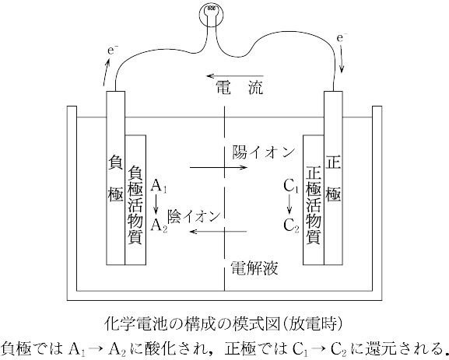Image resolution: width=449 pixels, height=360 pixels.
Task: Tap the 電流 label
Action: [239, 87]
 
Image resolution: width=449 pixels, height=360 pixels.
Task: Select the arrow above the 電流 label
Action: [235, 76]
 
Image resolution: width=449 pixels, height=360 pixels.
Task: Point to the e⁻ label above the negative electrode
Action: [113, 51]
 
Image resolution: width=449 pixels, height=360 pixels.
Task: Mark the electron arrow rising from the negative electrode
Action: [107, 72]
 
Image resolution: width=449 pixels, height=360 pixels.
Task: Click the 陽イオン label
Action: [264, 152]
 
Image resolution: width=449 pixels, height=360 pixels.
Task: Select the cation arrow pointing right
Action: [218, 168]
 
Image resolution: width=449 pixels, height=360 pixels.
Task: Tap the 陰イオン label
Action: [194, 217]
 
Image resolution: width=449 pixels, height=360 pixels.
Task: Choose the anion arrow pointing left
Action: [218, 231]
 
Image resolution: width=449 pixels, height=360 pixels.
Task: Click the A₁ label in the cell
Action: [159, 187]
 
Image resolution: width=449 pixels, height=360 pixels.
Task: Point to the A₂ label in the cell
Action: [159, 225]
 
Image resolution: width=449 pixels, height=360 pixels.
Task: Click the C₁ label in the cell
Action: [291, 187]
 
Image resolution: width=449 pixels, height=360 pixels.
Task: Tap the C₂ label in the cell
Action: [291, 225]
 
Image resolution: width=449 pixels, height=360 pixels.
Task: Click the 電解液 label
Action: [254, 267]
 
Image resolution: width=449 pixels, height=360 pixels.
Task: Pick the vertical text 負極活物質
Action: [135, 204]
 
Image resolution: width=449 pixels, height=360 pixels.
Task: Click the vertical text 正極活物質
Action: [314, 206]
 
